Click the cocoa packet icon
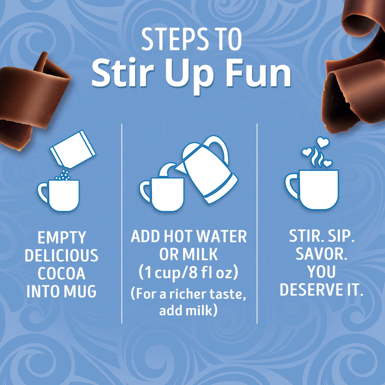click(73, 149)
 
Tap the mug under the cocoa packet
click(58, 195)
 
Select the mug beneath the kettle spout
click(162, 194)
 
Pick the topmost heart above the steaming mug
click(323, 142)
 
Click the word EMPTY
click(62, 237)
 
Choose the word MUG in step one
click(80, 291)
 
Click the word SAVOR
click(321, 254)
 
